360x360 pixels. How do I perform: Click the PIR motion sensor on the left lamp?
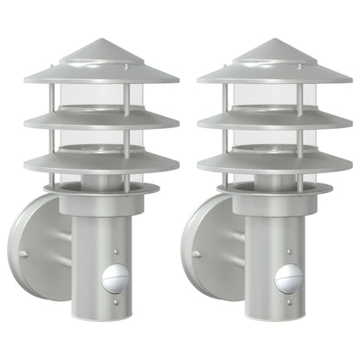point(114,280)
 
